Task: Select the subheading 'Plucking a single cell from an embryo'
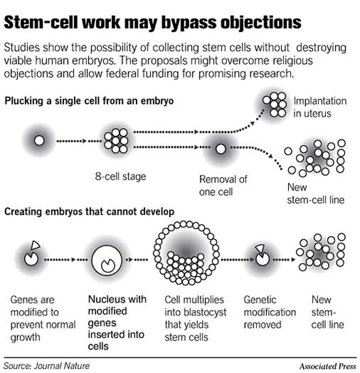89,101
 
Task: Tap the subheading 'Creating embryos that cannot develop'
89,212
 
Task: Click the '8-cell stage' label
120,176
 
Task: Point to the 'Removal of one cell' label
223,185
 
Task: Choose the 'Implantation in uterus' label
319,107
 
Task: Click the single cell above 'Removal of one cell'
221,149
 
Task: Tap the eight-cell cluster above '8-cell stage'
116,140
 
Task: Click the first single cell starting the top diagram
39,140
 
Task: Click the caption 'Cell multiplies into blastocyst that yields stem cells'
195,318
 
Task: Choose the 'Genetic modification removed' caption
269,312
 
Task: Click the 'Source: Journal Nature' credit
46,366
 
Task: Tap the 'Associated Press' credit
327,366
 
